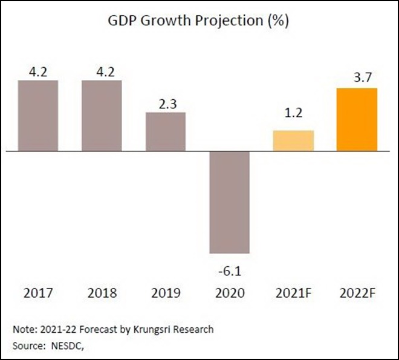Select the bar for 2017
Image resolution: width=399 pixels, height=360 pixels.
tap(37, 116)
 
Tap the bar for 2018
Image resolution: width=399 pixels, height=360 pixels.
tap(102, 116)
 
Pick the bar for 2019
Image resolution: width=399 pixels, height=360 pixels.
tap(166, 131)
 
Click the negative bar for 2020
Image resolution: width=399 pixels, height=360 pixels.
tap(229, 202)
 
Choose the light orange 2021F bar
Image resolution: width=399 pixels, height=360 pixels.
tap(293, 140)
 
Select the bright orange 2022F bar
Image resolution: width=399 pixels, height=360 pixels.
tap(357, 120)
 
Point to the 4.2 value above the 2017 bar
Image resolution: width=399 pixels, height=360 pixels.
tap(37, 71)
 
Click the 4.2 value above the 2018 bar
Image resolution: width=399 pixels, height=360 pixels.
tap(102, 71)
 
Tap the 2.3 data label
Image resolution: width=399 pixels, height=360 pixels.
tap(166, 103)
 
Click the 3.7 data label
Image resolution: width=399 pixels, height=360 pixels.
tap(357, 79)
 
